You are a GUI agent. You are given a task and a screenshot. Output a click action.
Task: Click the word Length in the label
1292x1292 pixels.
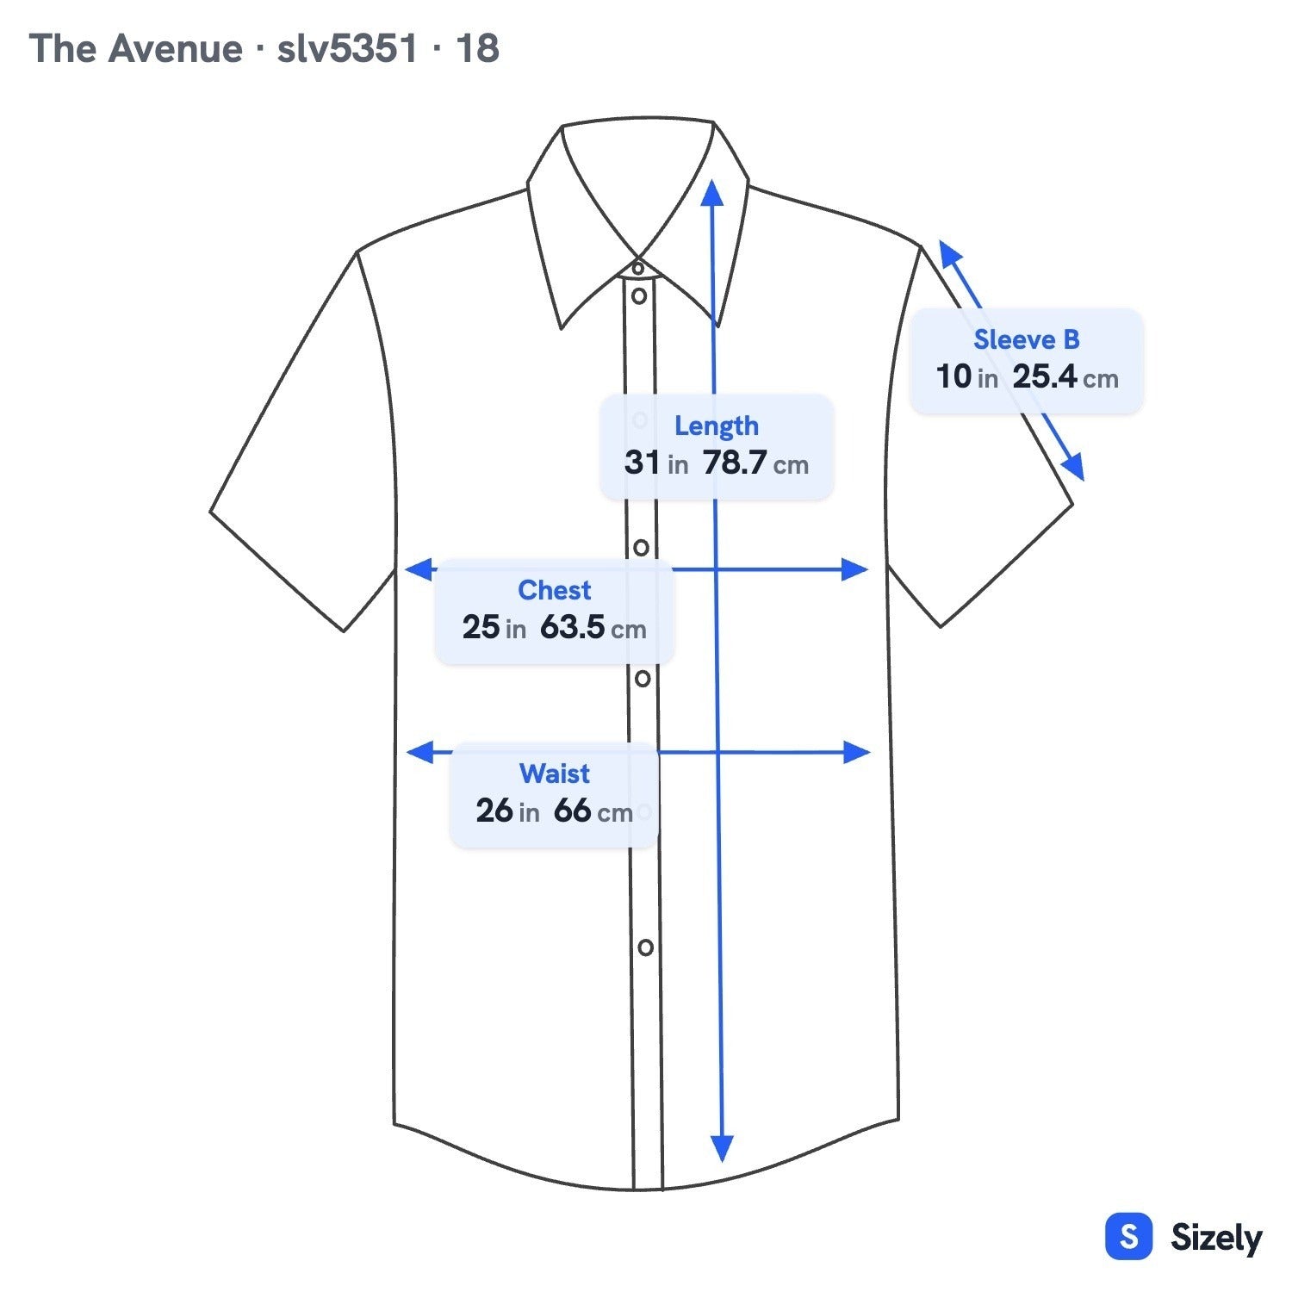[716, 426]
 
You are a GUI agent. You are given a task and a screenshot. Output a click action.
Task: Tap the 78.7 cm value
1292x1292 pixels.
[756, 463]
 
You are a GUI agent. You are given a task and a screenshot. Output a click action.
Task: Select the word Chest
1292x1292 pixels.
[554, 590]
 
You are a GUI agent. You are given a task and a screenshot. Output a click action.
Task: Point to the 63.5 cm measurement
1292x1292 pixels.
[593, 627]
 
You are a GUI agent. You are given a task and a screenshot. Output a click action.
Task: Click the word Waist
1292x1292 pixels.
[555, 773]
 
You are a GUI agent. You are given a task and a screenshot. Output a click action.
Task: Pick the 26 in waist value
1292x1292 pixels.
[507, 811]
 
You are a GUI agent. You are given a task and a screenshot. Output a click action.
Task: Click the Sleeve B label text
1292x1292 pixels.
[1026, 339]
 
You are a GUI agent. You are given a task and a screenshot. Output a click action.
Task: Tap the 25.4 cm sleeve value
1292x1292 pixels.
[1065, 376]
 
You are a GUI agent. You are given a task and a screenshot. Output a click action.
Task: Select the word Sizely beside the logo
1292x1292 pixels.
[1216, 1238]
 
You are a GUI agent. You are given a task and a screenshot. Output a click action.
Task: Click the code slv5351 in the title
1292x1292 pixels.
[347, 48]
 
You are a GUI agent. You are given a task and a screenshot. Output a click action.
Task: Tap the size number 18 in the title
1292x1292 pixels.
[477, 48]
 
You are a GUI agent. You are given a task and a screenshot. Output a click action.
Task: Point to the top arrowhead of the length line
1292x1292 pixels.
[711, 193]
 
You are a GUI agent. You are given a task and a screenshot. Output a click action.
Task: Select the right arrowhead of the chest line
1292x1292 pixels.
[854, 569]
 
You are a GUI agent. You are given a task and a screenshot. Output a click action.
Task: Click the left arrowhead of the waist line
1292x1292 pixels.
[419, 752]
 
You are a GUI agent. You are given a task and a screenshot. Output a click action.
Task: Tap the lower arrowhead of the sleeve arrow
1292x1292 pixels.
[1073, 468]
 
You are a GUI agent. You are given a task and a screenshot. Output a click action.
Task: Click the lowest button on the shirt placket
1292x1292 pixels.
[645, 947]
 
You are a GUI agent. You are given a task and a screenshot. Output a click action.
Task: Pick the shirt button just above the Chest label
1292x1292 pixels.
[641, 547]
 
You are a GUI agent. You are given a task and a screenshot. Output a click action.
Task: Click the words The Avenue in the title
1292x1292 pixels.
[135, 48]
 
